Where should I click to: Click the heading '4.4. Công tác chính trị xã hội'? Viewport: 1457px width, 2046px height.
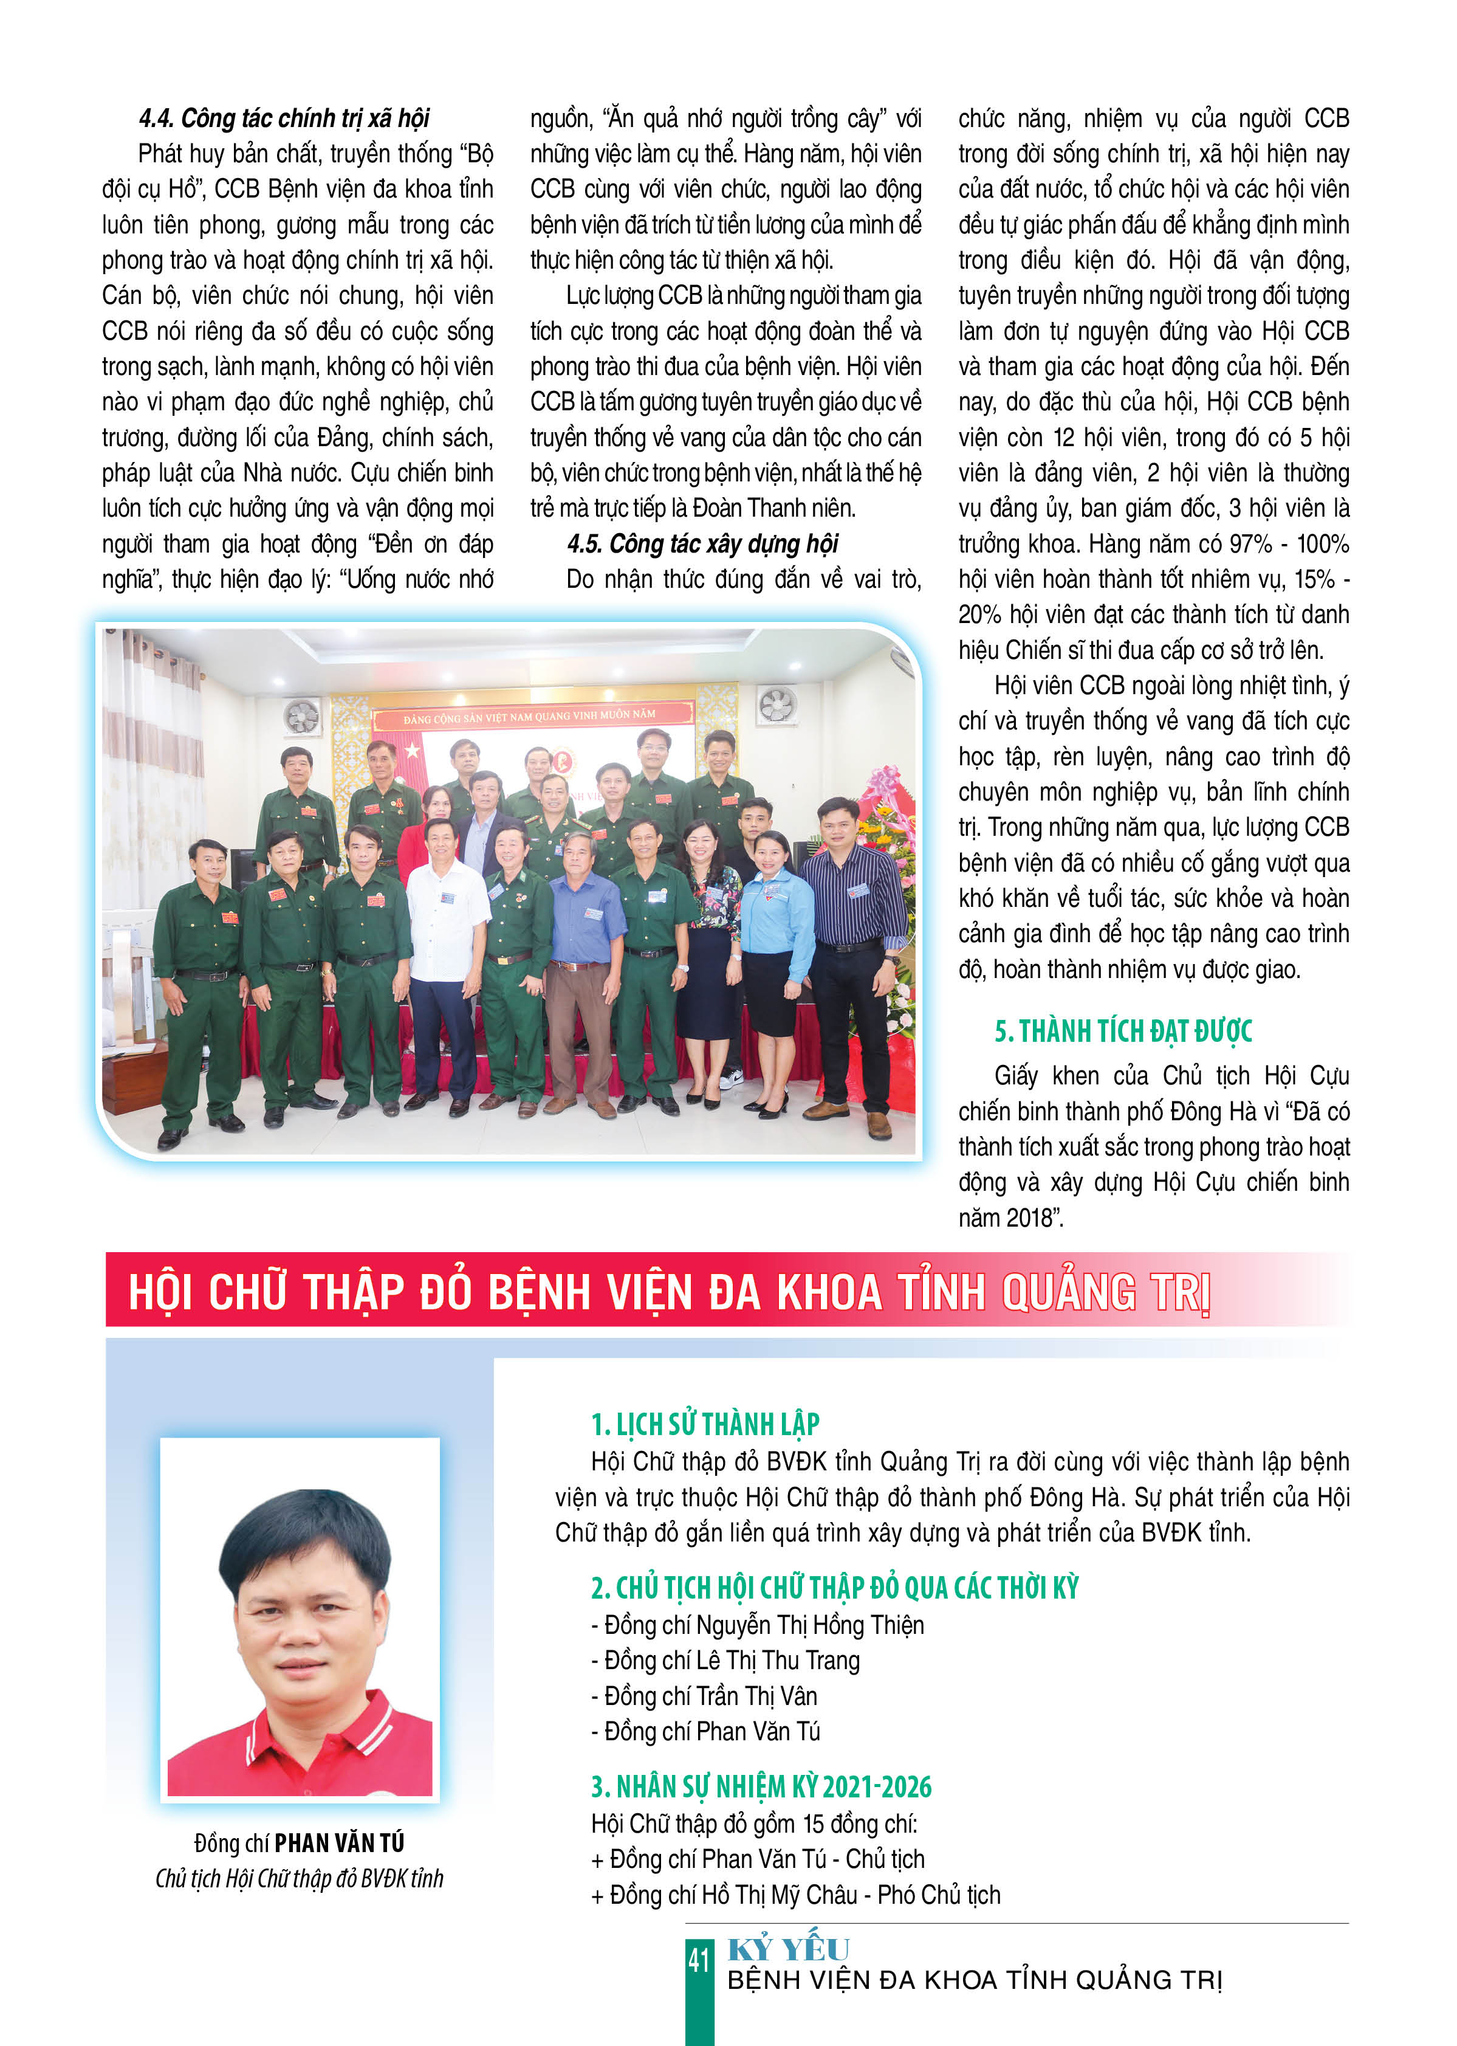[x=284, y=119]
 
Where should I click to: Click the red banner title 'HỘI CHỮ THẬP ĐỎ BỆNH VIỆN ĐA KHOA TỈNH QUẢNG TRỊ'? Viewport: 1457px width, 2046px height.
[x=668, y=1292]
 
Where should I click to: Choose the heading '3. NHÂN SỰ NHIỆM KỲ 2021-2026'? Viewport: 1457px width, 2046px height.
[x=761, y=1786]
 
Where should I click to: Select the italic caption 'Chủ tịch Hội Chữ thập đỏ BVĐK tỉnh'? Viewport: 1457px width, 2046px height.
[x=299, y=1879]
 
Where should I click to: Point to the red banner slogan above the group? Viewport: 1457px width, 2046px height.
[x=529, y=716]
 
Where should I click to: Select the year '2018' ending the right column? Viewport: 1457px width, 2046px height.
[x=1030, y=1218]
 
